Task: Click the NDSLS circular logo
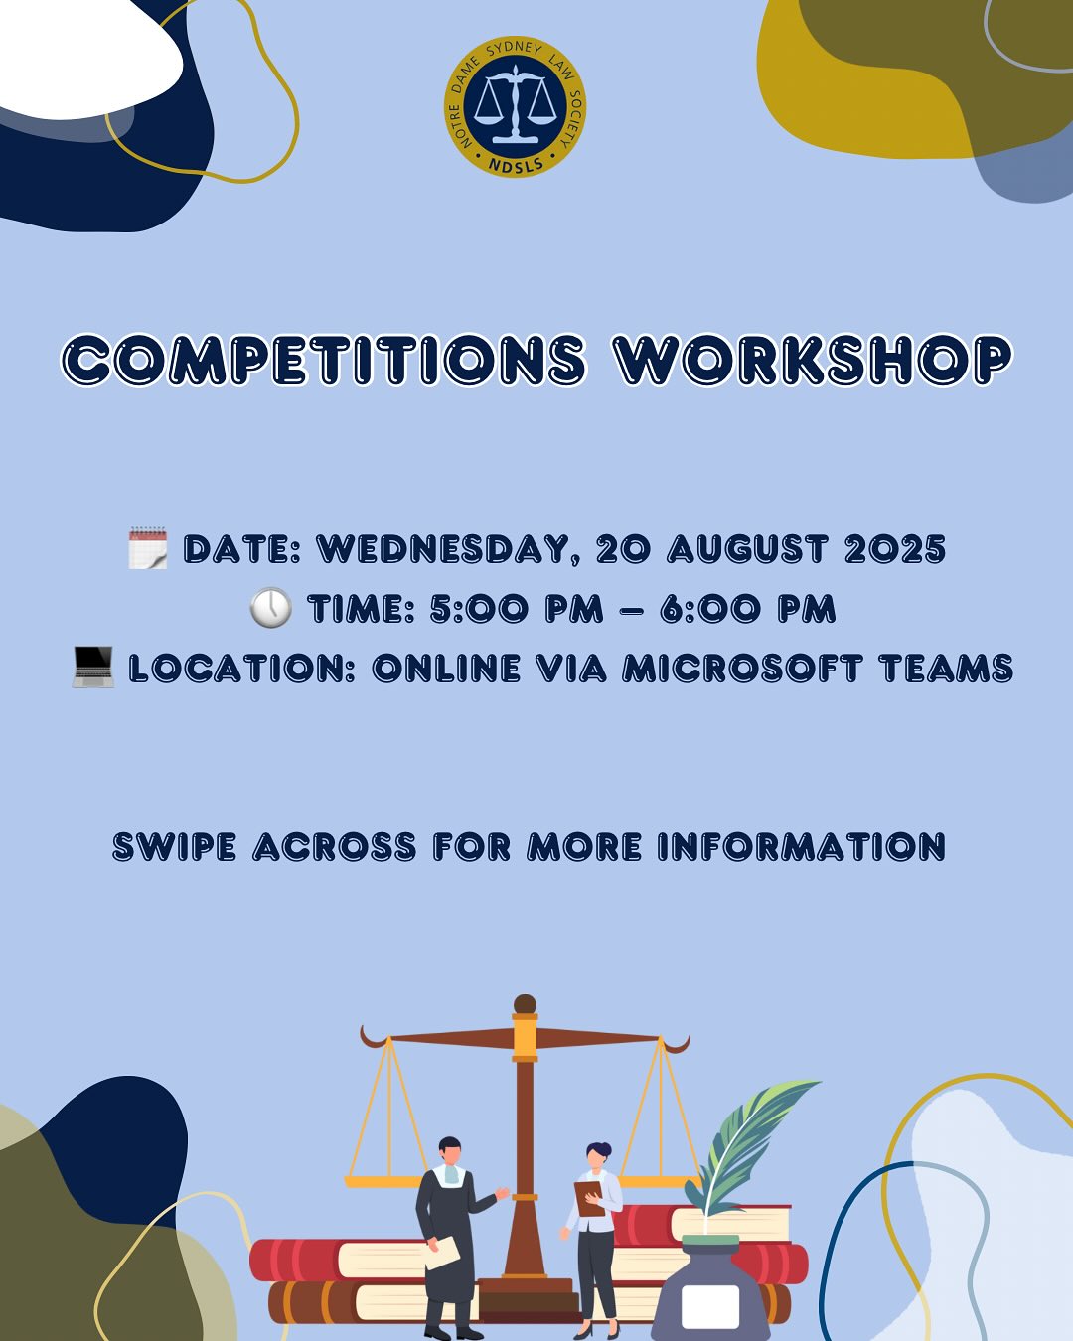tap(515, 106)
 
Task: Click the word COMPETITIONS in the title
tap(324, 359)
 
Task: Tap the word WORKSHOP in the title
tap(813, 359)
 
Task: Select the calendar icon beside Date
tap(148, 548)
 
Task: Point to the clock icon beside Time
tap(270, 608)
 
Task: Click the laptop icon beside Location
tap(93, 667)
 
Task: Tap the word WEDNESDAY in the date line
tap(448, 549)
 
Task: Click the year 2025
tap(895, 549)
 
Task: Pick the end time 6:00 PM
tap(747, 609)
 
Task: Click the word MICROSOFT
tap(741, 669)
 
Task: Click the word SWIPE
tap(175, 847)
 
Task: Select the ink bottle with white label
tap(710, 1291)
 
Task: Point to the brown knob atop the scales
tap(525, 1004)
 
